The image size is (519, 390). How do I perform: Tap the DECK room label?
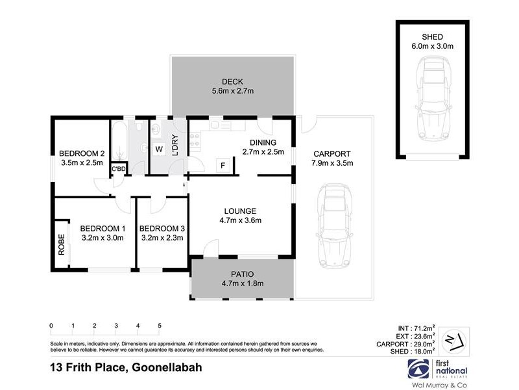point(232,81)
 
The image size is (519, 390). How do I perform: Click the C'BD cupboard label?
point(118,169)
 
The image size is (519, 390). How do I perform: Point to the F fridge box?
point(223,165)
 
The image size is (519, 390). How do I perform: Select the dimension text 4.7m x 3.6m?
point(240,220)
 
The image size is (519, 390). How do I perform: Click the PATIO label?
point(241,274)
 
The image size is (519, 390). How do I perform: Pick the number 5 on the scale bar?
point(159,325)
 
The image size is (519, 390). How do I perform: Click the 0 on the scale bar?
point(51,325)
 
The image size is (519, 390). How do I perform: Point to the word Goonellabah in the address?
point(167,367)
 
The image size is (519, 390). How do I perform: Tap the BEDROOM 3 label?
point(162,228)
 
